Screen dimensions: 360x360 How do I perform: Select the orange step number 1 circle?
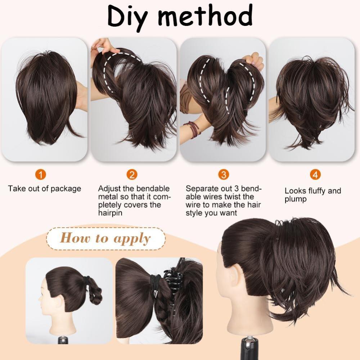(x=41, y=175)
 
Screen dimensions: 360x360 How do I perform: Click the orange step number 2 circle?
(x=132, y=175)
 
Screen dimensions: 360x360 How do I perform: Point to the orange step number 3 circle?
(x=224, y=175)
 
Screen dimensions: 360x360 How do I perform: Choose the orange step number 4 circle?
(x=315, y=175)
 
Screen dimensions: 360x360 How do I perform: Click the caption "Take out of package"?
(x=45, y=189)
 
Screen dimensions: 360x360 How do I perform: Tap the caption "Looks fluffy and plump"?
(x=313, y=195)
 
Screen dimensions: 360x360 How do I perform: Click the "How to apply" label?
(x=105, y=238)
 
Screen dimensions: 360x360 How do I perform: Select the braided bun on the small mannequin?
(x=95, y=292)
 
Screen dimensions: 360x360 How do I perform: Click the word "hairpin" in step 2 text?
(x=110, y=213)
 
